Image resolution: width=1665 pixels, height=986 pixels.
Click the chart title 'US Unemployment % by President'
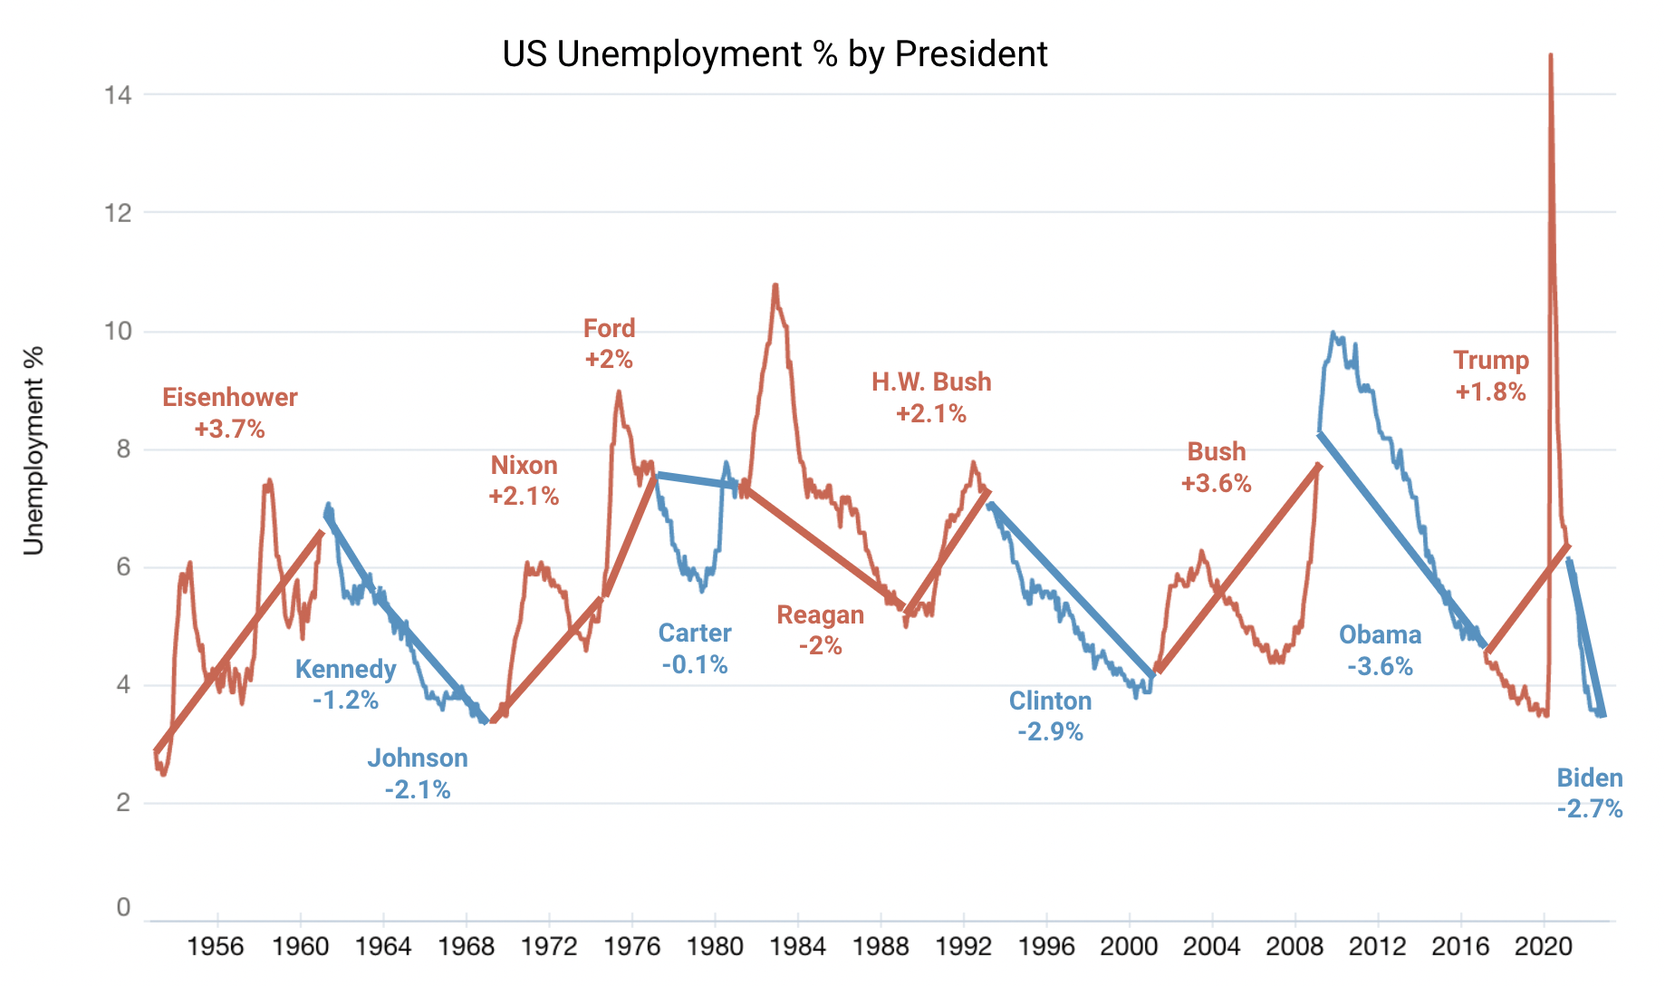coord(775,54)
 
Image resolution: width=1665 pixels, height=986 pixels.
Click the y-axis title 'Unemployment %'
coord(34,450)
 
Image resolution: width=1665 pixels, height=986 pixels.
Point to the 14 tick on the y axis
coord(119,94)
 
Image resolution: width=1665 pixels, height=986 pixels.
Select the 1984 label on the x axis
coord(798,947)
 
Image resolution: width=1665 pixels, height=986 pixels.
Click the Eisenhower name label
coord(230,397)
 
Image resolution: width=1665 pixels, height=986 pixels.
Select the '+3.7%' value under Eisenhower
coord(230,429)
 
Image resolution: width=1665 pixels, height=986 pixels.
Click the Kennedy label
coord(346,669)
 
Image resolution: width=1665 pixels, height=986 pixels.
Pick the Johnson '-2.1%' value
coord(418,789)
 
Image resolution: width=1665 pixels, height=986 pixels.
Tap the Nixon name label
coord(524,465)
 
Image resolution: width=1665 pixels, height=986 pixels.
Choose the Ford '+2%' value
coord(609,360)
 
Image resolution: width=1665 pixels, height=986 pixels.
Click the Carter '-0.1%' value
coord(695,664)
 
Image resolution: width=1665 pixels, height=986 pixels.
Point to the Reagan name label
coord(821,614)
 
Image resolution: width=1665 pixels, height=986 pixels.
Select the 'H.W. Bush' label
coord(931,382)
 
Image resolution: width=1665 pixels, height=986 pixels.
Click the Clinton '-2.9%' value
coord(1051,731)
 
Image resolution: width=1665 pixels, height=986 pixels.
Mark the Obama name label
coord(1380,634)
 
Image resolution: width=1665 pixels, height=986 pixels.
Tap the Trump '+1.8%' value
coord(1491,391)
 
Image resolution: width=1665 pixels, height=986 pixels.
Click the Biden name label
coord(1590,778)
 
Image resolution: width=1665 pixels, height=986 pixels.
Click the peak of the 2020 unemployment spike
coord(1551,56)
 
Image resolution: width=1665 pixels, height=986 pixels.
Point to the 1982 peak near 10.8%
coord(775,285)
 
